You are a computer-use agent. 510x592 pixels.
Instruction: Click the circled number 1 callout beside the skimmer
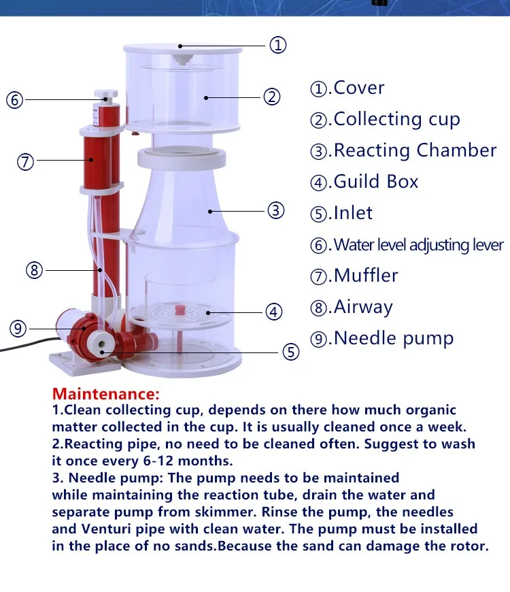coord(278,45)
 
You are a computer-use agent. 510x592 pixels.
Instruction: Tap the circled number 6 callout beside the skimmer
coord(15,100)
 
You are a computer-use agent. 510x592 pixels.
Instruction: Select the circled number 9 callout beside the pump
coord(18,329)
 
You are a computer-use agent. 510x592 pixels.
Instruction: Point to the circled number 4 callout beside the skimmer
coord(273,312)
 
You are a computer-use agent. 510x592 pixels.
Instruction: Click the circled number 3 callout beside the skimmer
coord(276,210)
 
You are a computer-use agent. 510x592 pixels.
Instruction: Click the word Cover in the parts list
coord(359,88)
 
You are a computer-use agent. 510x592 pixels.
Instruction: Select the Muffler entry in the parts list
coord(366,275)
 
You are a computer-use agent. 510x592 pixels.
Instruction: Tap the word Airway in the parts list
coord(363,308)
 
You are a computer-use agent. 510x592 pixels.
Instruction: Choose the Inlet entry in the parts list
coord(353,213)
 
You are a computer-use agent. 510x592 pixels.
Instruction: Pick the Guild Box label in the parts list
coord(376,182)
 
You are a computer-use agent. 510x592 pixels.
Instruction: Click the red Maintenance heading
coord(106,394)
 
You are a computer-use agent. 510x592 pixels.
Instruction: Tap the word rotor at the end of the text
coord(469,546)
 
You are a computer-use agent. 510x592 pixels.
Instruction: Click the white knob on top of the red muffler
coord(106,95)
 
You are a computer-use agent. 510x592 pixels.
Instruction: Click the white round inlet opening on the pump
coord(101,344)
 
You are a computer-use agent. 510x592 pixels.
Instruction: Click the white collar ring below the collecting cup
coord(182,158)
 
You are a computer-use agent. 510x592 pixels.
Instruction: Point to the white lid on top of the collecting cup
coord(182,49)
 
